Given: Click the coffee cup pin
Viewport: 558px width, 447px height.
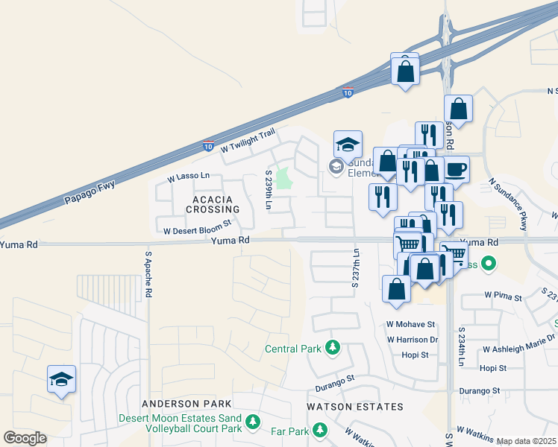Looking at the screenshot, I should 457,168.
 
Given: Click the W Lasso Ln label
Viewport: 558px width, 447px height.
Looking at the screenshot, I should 189,177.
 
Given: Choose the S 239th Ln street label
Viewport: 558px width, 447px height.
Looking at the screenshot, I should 269,190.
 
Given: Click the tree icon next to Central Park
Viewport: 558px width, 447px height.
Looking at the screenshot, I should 332,348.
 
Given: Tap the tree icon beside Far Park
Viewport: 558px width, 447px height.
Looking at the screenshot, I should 320,430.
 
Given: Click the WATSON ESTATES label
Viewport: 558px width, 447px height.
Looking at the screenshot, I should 355,407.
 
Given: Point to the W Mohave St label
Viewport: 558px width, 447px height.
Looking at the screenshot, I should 410,325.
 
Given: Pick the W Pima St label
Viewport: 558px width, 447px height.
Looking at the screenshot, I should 503,296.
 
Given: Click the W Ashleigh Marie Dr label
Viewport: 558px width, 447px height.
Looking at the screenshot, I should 520,349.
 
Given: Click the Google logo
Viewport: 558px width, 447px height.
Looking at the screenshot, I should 25,438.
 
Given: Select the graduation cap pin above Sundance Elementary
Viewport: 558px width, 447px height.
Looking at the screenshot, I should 348,144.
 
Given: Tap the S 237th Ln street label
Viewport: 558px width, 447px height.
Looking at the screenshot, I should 355,266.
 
